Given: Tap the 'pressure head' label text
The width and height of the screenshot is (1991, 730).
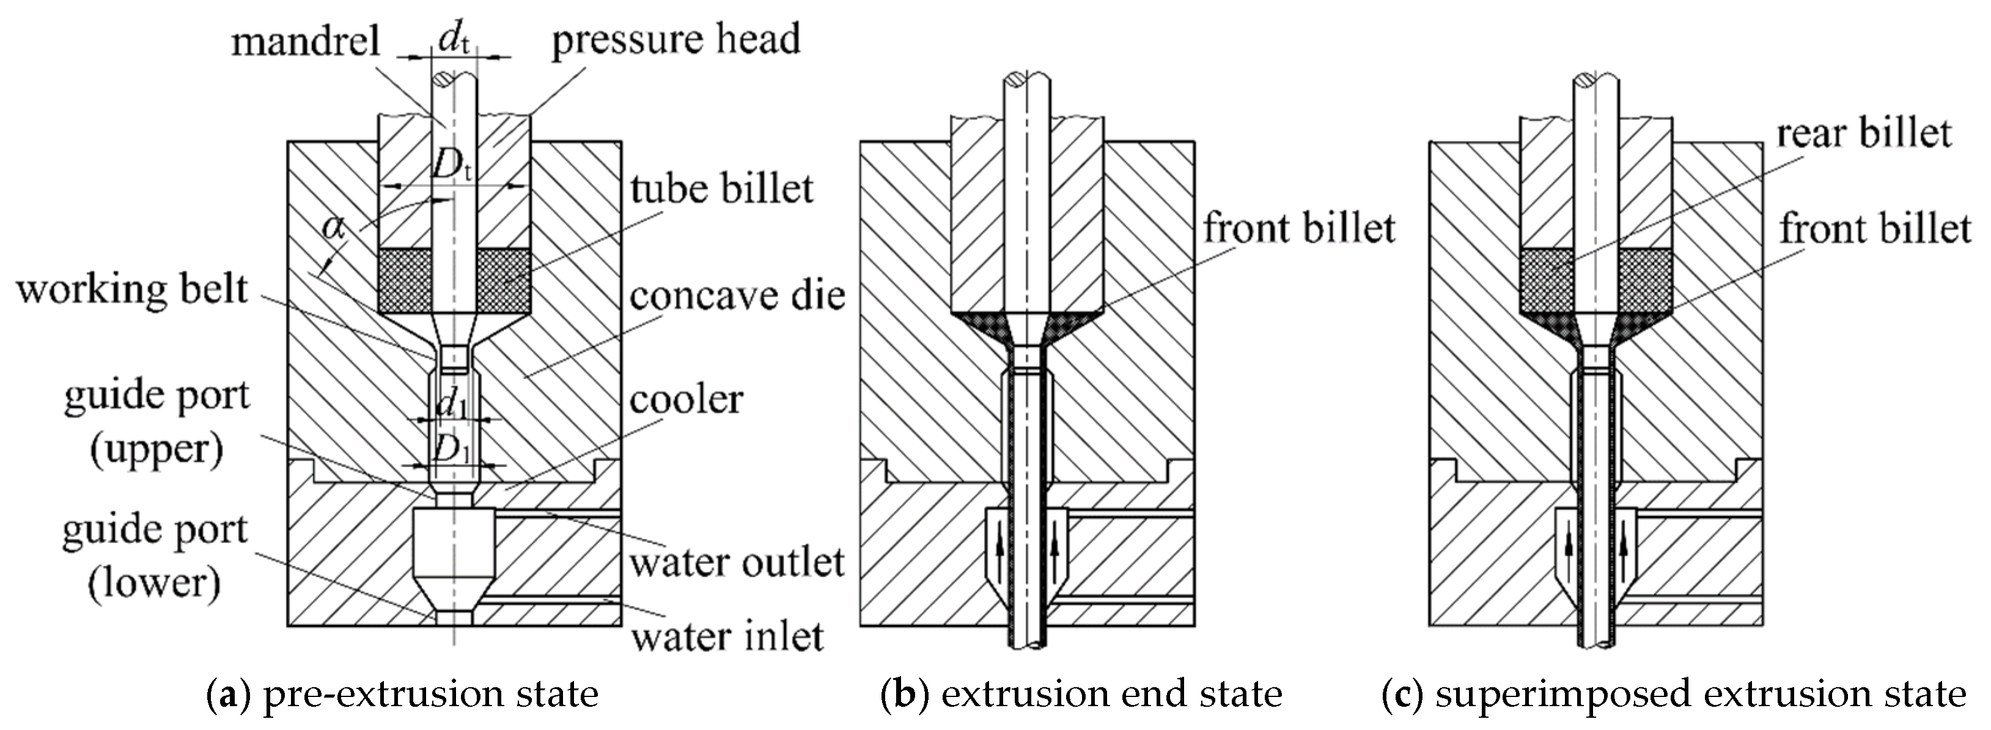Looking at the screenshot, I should (x=675, y=39).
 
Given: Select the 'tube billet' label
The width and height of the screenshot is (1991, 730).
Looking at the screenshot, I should (x=721, y=188).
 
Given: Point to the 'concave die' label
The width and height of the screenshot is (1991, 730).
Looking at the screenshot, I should (x=737, y=295).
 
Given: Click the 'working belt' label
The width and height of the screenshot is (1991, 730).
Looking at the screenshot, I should (x=132, y=290).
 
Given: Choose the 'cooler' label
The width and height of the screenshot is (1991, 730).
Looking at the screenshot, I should (x=685, y=400).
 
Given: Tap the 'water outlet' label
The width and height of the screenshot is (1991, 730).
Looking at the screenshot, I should (x=737, y=562).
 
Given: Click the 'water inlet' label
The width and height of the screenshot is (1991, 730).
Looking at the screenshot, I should (x=727, y=636).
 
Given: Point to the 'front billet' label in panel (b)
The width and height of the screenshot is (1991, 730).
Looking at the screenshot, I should (x=1298, y=228).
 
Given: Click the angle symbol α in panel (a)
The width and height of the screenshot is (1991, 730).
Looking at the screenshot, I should (x=334, y=227).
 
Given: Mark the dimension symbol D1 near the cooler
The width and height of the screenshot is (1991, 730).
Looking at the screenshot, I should (x=451, y=450).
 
